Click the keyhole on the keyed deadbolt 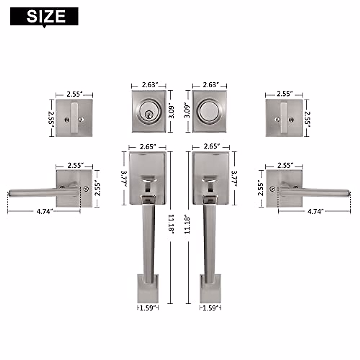(x=148, y=114)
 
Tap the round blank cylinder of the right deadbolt (x=209, y=111)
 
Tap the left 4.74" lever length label (x=45, y=211)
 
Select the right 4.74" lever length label (x=316, y=211)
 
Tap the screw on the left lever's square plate (x=87, y=189)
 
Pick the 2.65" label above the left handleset (x=148, y=147)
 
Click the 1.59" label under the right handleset (x=211, y=308)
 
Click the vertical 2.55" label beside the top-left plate (x=51, y=119)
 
